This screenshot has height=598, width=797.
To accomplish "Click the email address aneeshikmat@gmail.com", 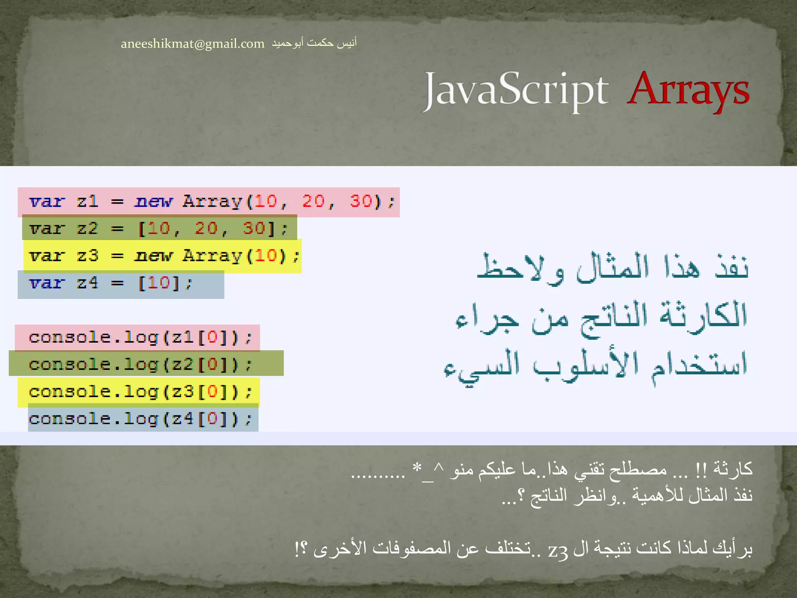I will point(192,44).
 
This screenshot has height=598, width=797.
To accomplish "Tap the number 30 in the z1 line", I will point(360,201).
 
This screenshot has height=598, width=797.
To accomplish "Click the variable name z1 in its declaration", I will point(88,201).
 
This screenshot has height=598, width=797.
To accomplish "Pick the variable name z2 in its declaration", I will point(88,229).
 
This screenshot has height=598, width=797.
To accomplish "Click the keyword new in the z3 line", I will point(153,256).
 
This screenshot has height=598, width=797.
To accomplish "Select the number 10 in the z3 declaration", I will point(266,256).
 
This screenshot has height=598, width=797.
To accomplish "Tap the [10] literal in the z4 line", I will point(159,283).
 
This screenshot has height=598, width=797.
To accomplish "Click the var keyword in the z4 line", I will point(46,283).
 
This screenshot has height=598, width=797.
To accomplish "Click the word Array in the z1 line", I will point(212,201).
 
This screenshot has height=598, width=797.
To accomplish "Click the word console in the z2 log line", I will point(70,365).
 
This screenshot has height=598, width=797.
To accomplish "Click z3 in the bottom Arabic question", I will point(558,549).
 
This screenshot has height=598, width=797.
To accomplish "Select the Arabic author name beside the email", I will point(314,43).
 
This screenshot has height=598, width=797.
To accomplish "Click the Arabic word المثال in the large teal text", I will point(613,269).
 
